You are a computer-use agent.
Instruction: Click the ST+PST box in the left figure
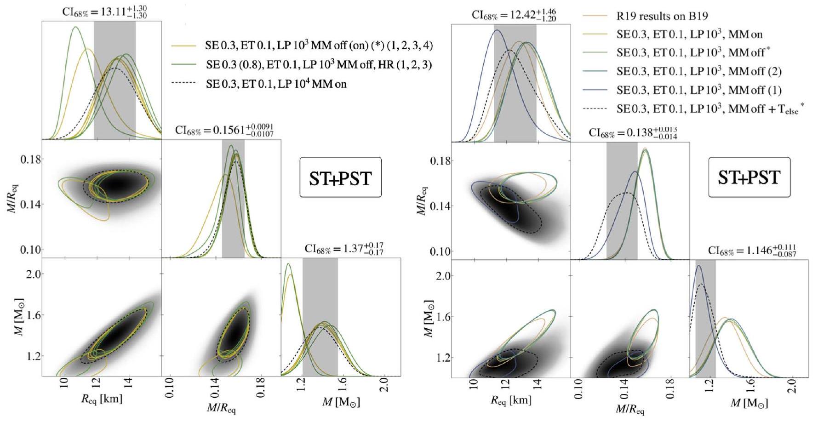pyautogui.click(x=340, y=177)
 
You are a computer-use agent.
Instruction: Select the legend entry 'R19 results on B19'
pyautogui.click(x=662, y=16)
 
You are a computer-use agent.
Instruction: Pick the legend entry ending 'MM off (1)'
pyautogui.click(x=698, y=90)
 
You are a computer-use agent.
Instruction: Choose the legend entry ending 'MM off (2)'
pyautogui.click(x=698, y=71)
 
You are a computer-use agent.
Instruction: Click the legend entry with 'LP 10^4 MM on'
pyautogui.click(x=276, y=84)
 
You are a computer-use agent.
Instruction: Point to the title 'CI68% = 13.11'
pyautogui.click(x=105, y=12)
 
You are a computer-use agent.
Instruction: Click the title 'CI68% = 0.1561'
pyautogui.click(x=224, y=130)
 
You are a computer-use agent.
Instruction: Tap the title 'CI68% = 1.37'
pyautogui.click(x=344, y=250)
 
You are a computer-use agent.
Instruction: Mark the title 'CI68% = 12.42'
pyautogui.click(x=514, y=16)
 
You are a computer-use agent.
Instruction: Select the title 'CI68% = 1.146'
pyautogui.click(x=752, y=251)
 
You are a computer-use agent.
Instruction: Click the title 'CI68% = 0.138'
pyautogui.click(x=633, y=133)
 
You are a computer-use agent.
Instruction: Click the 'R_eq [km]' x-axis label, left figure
pyautogui.click(x=102, y=399)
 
